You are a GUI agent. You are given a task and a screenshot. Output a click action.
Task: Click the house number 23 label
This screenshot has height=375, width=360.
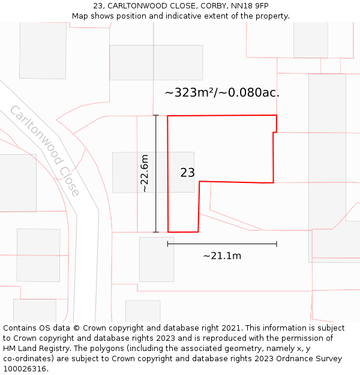coord(187,173)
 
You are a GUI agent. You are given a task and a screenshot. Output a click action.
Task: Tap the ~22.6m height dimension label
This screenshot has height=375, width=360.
coord(145,173)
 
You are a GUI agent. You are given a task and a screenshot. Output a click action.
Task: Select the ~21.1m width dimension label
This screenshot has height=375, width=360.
coord(222,256)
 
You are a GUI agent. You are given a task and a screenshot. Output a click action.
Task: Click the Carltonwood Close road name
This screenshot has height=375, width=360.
coord(44,151)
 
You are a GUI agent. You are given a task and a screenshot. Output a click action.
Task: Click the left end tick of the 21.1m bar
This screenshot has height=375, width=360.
coord(167,244)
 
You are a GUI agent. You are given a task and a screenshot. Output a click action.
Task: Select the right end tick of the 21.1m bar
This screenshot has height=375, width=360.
coord(277,244)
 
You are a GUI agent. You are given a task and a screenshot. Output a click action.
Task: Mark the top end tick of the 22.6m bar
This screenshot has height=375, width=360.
coord(156,115)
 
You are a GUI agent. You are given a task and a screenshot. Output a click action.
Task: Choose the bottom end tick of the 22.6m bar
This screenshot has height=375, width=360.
coord(156,232)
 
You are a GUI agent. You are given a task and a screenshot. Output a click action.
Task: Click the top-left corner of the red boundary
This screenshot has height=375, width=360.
coord(167,116)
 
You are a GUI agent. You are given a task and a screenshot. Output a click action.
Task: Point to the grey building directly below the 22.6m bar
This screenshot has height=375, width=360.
coord(156,259)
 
